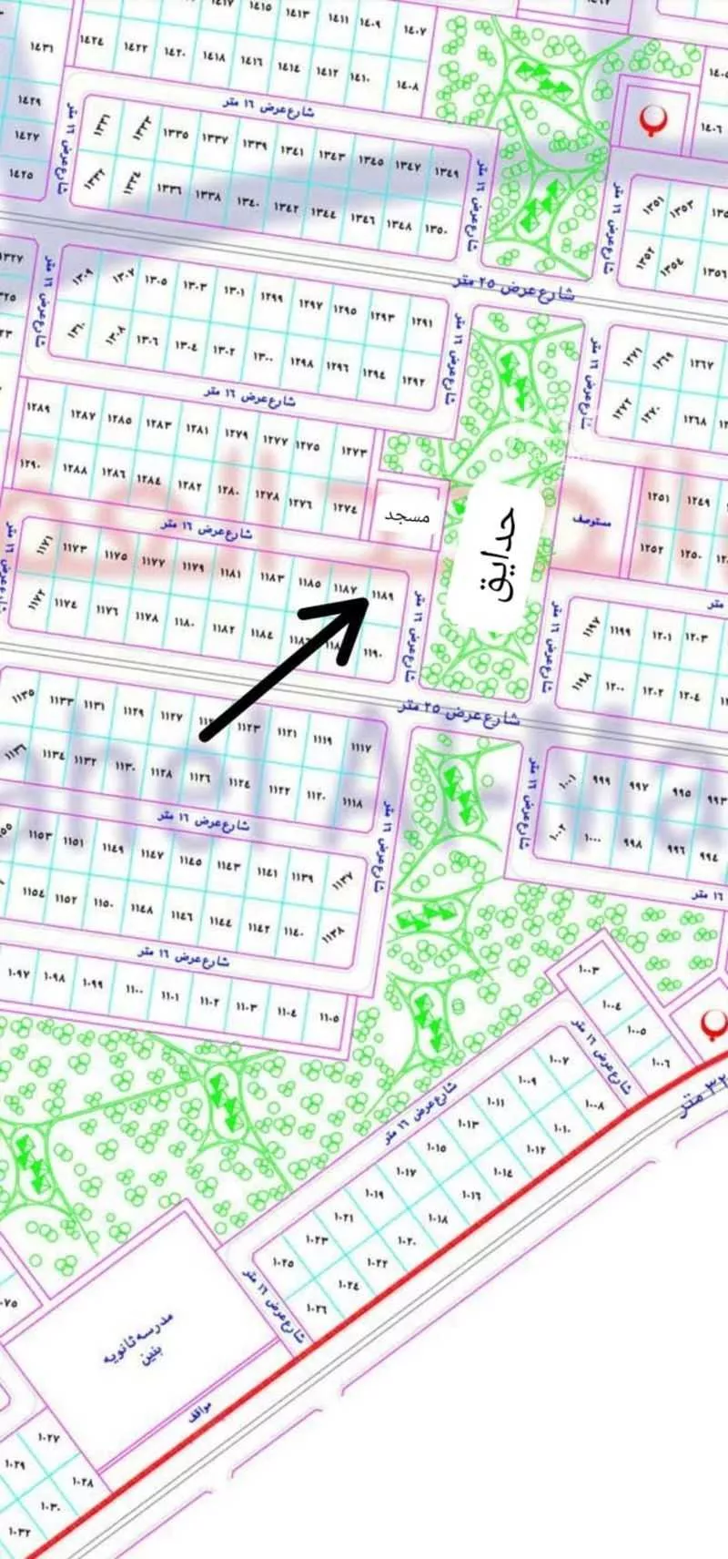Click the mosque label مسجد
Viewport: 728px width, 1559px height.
(406, 516)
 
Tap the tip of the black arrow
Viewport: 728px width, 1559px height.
(367, 600)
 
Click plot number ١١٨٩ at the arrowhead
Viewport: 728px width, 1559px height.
(383, 595)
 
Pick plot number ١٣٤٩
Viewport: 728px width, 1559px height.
(446, 171)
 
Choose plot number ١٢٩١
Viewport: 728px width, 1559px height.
(421, 322)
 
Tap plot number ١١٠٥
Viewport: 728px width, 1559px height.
(329, 1017)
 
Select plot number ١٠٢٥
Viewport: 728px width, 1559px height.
(282, 1262)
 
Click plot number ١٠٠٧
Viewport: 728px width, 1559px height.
(559, 1060)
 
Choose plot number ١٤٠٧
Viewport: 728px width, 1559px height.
(415, 31)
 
